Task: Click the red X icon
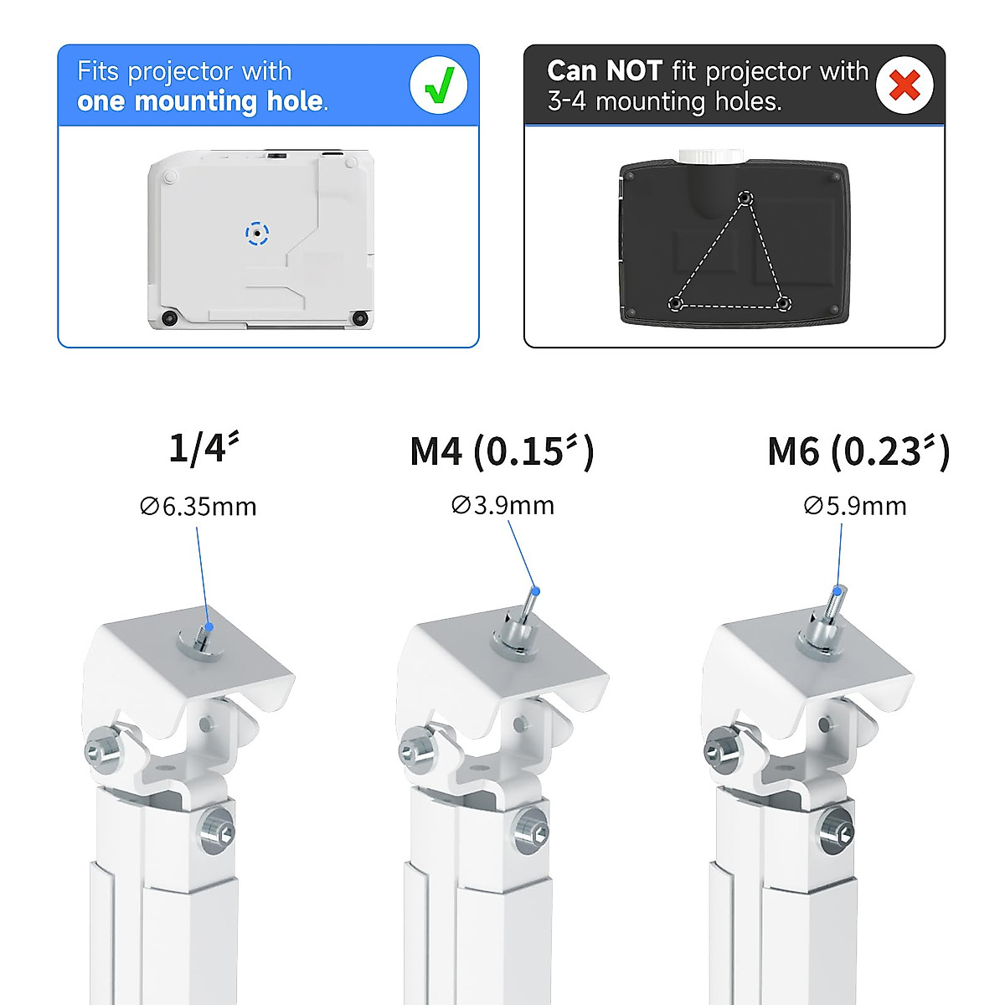click(904, 85)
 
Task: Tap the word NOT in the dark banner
click(635, 71)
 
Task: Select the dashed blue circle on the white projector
click(257, 234)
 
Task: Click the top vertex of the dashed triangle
click(745, 198)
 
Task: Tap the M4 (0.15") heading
click(501, 452)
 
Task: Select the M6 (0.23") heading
click(858, 452)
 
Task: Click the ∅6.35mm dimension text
click(198, 506)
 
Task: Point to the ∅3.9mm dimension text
click(502, 505)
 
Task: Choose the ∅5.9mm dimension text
click(854, 506)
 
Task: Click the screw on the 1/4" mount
click(202, 636)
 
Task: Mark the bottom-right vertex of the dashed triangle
click(783, 303)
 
